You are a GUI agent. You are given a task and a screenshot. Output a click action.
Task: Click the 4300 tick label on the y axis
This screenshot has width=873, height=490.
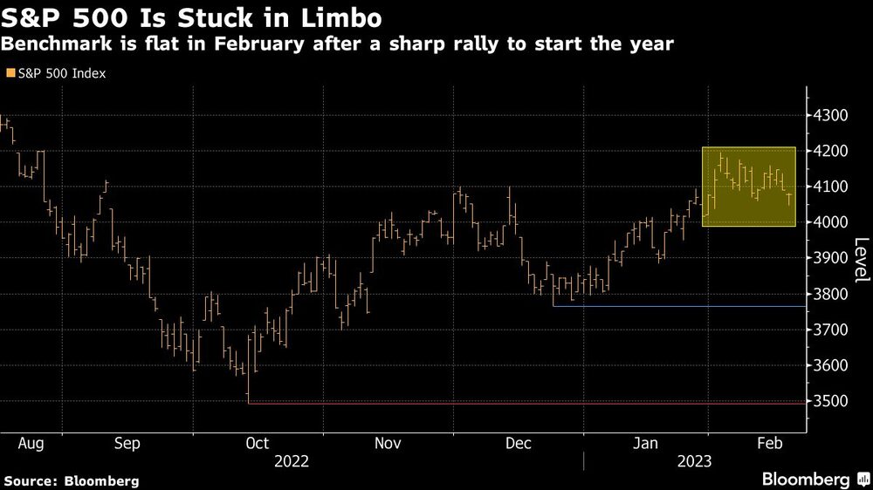829,115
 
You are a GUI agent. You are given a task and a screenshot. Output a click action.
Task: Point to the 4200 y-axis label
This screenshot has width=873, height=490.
829,151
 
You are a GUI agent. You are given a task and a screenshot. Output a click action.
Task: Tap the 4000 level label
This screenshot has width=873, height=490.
829,222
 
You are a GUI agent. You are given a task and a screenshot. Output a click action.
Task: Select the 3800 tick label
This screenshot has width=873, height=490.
829,294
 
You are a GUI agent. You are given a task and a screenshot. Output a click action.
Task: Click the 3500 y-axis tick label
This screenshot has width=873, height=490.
829,401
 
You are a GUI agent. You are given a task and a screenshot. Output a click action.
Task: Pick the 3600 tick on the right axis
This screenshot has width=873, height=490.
829,365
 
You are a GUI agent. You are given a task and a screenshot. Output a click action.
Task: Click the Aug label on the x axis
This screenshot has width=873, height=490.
31,443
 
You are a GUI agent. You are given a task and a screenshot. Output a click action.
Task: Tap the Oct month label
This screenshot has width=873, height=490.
258,443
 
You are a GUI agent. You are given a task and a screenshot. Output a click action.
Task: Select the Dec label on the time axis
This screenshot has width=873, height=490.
519,443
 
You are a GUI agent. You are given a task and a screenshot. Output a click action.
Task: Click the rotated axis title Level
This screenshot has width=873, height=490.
861,259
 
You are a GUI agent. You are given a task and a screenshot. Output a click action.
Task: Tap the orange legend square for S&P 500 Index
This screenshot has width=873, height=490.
10,74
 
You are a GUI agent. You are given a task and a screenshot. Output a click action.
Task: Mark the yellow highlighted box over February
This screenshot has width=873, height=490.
749,187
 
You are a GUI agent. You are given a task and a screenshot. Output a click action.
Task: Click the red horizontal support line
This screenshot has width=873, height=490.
524,403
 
